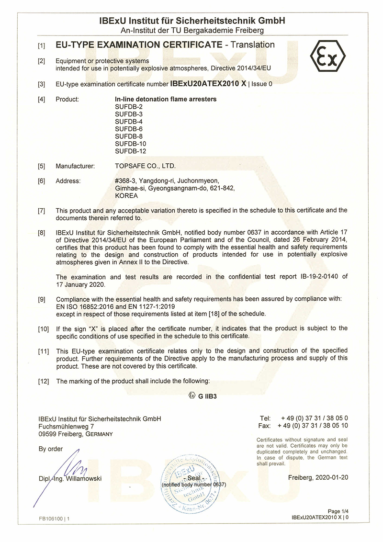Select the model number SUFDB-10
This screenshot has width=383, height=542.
coord(131,144)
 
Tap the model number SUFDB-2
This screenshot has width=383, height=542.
coord(129,107)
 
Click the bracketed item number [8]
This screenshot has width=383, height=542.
coord(42,231)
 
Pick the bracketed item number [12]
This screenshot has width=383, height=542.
coord(43,381)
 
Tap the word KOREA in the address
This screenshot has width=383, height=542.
coord(126,196)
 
